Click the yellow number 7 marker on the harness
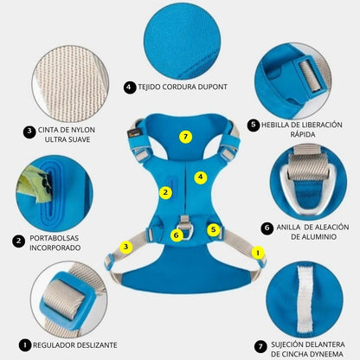(185, 137)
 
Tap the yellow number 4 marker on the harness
(201, 177)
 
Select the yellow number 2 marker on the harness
(165, 193)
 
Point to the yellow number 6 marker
(177, 235)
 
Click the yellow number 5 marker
(214, 229)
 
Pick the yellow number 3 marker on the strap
(125, 247)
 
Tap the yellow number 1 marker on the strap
(258, 253)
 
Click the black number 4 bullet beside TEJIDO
(130, 87)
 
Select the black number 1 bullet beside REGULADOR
(25, 345)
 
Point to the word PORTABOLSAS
(55, 238)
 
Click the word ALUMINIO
(318, 237)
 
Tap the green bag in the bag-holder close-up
(33, 183)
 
